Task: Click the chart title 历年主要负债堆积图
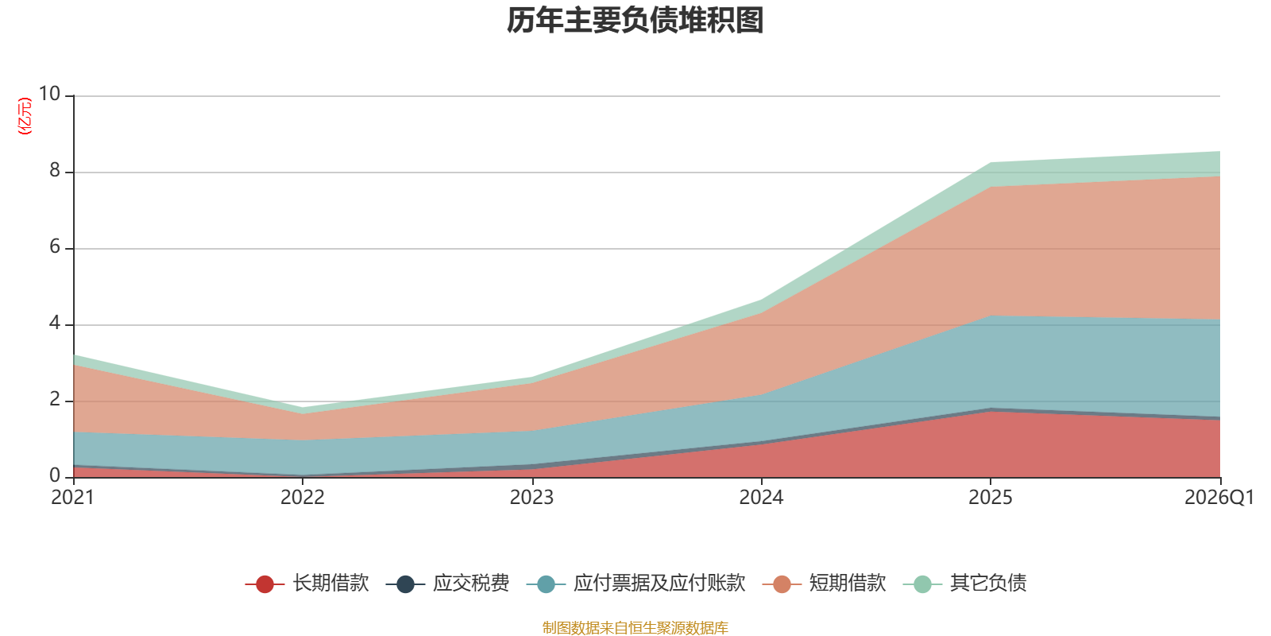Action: [x=635, y=21]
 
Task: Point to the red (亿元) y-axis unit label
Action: [x=25, y=116]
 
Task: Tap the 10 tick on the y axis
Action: [x=49, y=94]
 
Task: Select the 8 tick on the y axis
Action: [x=55, y=170]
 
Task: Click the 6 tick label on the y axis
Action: [x=55, y=246]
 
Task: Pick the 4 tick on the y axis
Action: [x=55, y=323]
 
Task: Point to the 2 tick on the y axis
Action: [x=55, y=399]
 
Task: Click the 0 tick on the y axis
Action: [x=55, y=475]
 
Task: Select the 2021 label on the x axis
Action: [x=72, y=498]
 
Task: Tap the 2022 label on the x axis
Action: [x=303, y=498]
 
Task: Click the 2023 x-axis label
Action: [x=531, y=498]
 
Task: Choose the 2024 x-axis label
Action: [x=761, y=498]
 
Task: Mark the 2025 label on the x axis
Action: [x=990, y=498]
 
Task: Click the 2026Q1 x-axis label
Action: [x=1219, y=498]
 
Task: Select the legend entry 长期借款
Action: [x=307, y=584]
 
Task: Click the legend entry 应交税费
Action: [x=448, y=584]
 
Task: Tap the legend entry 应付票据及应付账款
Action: [x=636, y=584]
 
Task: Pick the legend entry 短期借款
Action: [x=825, y=584]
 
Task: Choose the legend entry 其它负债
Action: [x=964, y=584]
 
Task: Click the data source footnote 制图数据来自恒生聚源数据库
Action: [x=635, y=627]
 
